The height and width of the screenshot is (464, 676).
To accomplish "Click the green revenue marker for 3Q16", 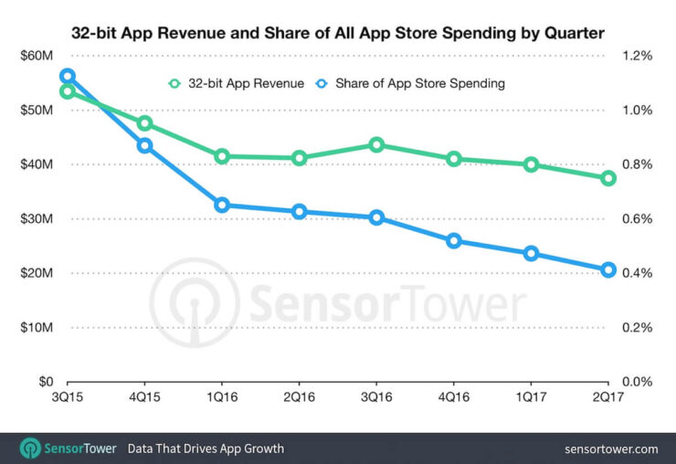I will click(x=376, y=144).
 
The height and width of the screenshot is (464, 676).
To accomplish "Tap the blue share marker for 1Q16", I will click(x=221, y=206).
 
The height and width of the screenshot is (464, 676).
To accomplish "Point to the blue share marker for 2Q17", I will click(x=608, y=269).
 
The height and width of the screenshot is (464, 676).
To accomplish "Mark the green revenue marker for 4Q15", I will click(x=144, y=123).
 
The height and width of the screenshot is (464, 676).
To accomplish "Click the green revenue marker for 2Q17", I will click(x=608, y=178).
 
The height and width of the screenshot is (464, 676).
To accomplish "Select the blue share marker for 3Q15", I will click(x=67, y=77).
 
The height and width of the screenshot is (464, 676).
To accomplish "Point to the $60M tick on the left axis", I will click(x=37, y=56).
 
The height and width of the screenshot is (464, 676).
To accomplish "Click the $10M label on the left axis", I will click(x=37, y=327).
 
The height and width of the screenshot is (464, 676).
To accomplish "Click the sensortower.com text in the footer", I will click(x=611, y=448).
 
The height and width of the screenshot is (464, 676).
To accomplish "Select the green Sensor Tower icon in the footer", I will click(x=30, y=448).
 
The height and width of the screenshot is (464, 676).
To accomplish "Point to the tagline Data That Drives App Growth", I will click(x=206, y=448).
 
